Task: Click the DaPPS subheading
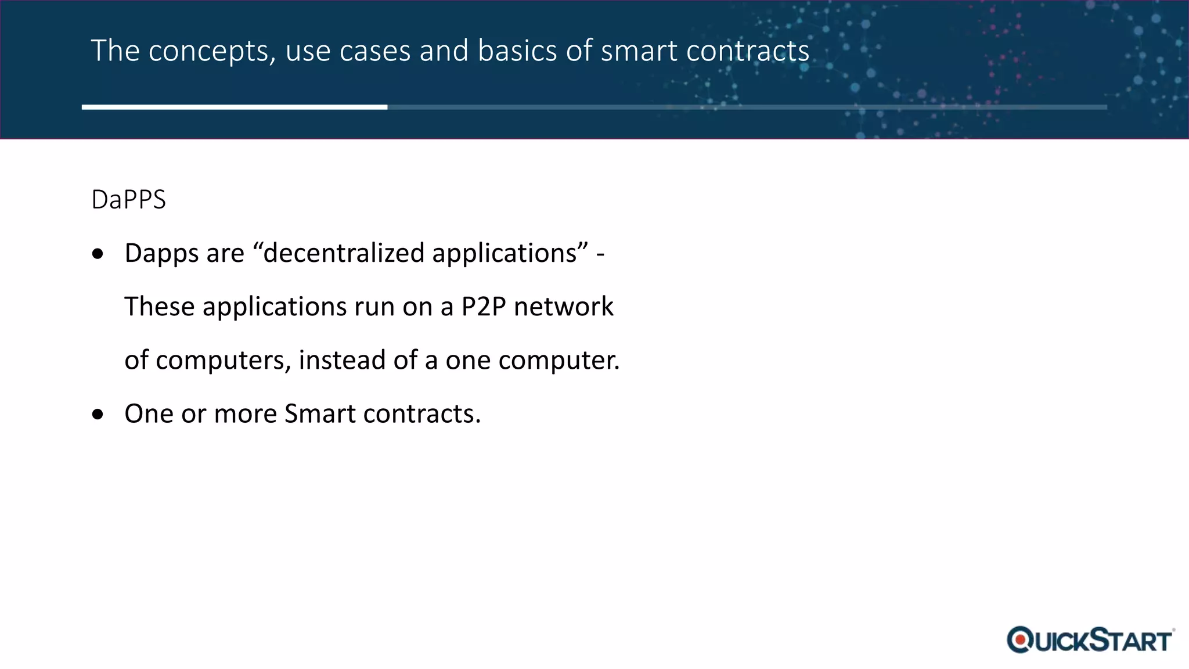pyautogui.click(x=128, y=200)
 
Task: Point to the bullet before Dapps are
pyautogui.click(x=98, y=254)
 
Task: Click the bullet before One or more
pyautogui.click(x=98, y=414)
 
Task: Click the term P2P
pyautogui.click(x=484, y=307)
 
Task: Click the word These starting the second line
pyautogui.click(x=159, y=307)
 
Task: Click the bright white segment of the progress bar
pyautogui.click(x=235, y=107)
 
